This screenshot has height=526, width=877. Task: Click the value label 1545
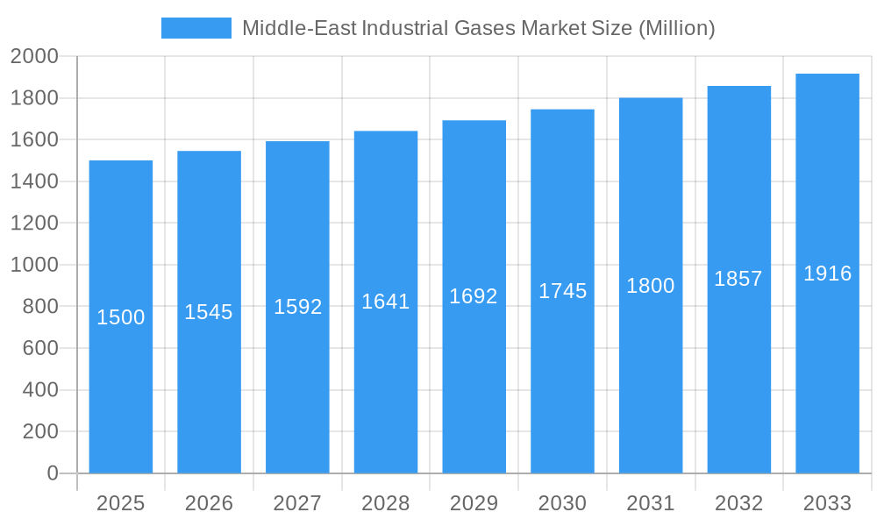point(209,312)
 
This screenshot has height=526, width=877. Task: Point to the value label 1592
point(298,307)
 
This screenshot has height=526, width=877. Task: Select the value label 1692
point(474,296)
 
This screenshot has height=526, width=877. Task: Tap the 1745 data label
point(562,291)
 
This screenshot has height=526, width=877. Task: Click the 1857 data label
point(738,279)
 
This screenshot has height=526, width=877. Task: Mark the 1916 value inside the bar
point(827,274)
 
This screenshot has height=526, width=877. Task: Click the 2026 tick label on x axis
point(209,503)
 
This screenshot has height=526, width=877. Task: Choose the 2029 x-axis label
point(474,503)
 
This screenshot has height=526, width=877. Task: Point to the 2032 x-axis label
point(738,503)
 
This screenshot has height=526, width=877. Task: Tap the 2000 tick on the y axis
point(34,57)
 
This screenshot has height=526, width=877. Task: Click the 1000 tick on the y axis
point(34,265)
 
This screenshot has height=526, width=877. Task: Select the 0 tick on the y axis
point(52,473)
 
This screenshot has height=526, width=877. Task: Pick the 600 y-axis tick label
point(39,348)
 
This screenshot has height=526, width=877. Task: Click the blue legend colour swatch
point(196,28)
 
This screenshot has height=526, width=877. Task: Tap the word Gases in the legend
point(486,28)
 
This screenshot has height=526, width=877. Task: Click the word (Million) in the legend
point(676,28)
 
